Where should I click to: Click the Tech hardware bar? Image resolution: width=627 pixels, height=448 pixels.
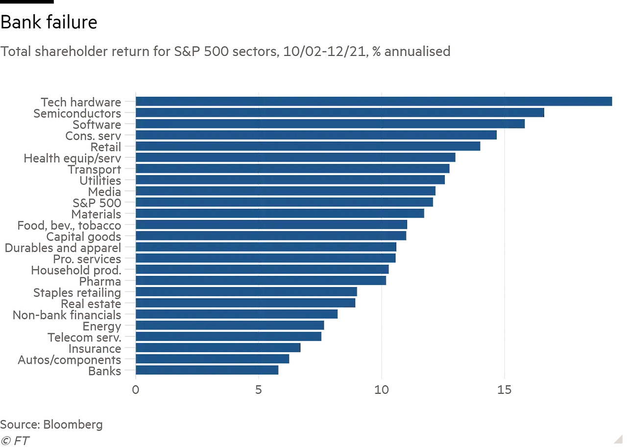tap(373, 101)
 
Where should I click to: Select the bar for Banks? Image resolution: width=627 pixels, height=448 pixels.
tap(207, 371)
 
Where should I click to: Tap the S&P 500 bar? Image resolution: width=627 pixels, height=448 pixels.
tap(284, 202)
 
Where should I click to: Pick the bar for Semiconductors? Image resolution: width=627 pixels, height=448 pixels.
tap(339, 113)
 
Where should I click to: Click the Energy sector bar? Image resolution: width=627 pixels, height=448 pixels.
tap(230, 326)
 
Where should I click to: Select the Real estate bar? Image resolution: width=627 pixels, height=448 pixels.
tap(245, 303)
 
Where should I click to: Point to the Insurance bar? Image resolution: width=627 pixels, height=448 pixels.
tap(217, 348)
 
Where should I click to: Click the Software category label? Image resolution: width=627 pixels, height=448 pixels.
tap(96, 124)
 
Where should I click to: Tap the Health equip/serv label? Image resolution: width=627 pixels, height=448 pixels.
tap(72, 158)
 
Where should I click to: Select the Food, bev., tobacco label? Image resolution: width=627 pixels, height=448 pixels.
tap(69, 225)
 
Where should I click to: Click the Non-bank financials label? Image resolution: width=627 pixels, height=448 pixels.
tap(67, 315)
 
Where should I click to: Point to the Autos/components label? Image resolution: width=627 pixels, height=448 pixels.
tap(69, 360)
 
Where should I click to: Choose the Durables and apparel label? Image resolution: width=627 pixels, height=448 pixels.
tap(63, 248)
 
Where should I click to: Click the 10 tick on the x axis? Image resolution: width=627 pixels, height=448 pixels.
tap(382, 390)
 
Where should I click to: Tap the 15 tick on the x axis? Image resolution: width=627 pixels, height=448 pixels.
tap(505, 390)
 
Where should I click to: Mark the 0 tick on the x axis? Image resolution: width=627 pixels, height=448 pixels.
tap(136, 390)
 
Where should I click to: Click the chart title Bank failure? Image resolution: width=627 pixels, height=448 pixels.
tap(48, 23)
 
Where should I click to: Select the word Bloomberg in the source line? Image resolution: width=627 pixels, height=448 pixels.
tap(73, 424)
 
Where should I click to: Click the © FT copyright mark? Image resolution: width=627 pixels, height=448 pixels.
tap(15, 441)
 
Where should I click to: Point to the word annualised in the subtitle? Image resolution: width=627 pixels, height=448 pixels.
tap(417, 51)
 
